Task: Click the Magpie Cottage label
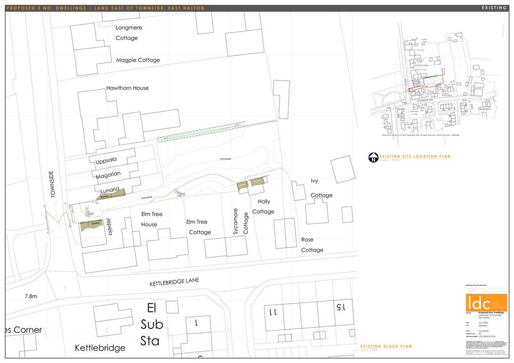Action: point(138,60)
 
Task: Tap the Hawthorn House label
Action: point(127,88)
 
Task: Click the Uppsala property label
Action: point(106,160)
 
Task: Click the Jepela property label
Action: point(109,227)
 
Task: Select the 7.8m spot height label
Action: point(31,297)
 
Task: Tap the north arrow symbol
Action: point(373,158)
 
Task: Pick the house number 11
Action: point(273,312)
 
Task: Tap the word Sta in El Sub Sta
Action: point(150,341)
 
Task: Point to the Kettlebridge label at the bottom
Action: point(100,347)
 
